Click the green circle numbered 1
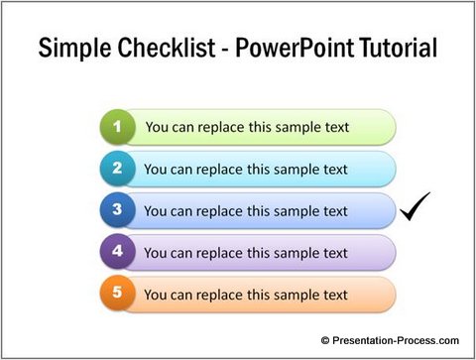click(118, 127)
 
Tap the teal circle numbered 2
click(118, 169)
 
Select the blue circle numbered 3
click(118, 210)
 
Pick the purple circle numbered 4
click(118, 252)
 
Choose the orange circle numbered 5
click(118, 295)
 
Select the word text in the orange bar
click(332, 296)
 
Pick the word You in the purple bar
click(156, 253)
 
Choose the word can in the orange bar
click(182, 296)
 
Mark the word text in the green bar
click(334, 128)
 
